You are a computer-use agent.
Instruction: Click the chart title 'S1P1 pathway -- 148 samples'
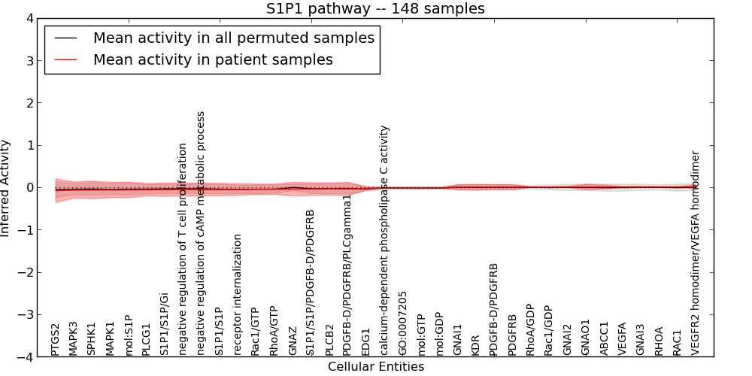click(375, 9)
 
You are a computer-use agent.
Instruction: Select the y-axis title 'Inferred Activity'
click(6, 188)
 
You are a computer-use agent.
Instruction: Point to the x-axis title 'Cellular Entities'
click(375, 367)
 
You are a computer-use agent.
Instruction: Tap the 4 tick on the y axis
click(32, 18)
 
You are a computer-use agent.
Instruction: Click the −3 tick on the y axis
click(29, 315)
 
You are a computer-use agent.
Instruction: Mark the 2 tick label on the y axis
click(32, 103)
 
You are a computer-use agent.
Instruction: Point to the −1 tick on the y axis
click(29, 230)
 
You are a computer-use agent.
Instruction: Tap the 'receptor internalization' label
click(238, 294)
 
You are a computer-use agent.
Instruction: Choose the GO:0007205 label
click(403, 323)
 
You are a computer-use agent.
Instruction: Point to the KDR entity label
click(475, 344)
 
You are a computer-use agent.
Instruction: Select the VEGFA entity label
click(622, 339)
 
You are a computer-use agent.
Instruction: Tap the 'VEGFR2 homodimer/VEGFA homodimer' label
click(696, 253)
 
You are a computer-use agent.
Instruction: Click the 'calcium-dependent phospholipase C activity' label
click(385, 240)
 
